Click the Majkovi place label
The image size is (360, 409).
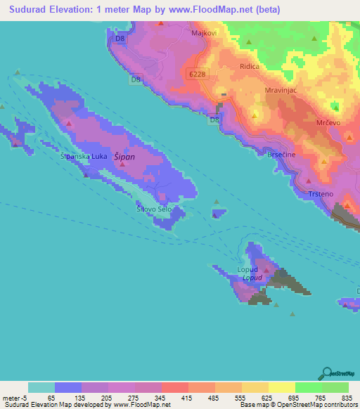(202, 32)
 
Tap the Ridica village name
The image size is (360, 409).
(250, 66)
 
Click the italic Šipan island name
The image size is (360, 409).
(124, 158)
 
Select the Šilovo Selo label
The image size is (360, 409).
(154, 209)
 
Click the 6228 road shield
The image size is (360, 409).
(198, 73)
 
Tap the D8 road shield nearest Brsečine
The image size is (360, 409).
(213, 120)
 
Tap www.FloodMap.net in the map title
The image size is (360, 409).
(218, 9)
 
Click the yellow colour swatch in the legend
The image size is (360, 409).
(281, 387)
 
